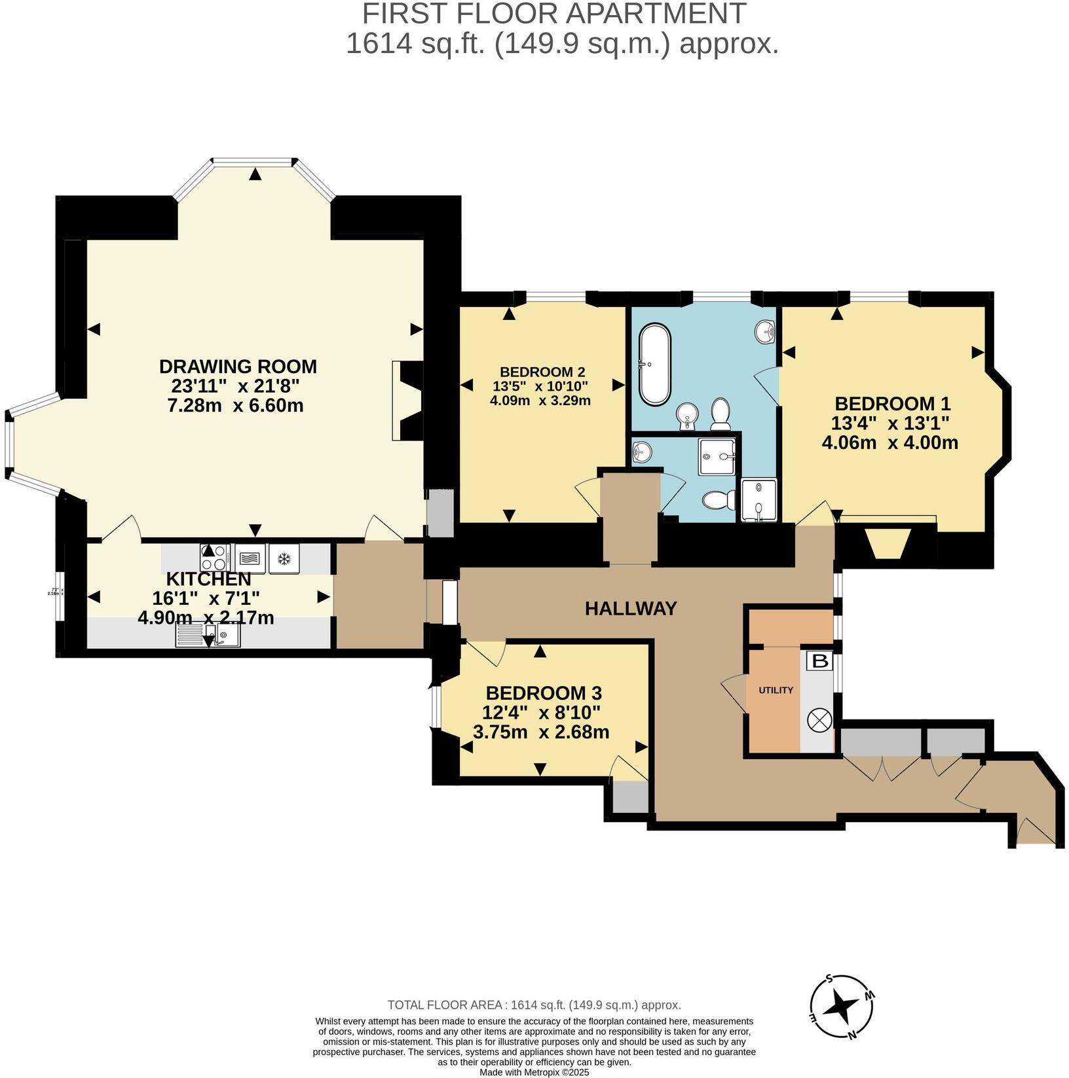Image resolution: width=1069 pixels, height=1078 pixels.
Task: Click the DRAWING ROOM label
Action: [238, 366]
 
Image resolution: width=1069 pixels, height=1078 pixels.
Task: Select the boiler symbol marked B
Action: [819, 661]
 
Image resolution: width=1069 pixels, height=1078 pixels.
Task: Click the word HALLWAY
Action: [630, 609]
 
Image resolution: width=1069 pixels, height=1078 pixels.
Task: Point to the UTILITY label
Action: [776, 690]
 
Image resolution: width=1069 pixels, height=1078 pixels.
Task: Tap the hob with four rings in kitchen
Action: [215, 558]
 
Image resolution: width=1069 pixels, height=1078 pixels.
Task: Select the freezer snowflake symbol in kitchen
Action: [284, 559]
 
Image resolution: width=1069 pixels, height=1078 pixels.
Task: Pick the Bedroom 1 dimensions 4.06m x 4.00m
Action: [890, 442]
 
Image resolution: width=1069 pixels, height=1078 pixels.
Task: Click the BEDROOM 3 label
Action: [543, 692]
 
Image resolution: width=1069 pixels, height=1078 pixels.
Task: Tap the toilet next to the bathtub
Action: [721, 414]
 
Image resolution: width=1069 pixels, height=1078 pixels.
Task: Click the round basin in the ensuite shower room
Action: [643, 450]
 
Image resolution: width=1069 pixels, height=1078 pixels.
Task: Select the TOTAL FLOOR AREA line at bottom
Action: [534, 1005]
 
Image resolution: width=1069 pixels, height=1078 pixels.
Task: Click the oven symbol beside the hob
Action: [250, 559]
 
